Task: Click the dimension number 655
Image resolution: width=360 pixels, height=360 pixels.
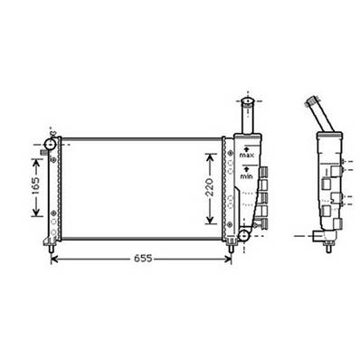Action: [138, 259]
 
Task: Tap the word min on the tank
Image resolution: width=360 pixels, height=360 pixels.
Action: [246, 177]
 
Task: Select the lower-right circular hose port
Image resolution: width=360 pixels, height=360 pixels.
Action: [242, 237]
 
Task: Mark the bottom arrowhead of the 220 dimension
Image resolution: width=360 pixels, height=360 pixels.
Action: [211, 223]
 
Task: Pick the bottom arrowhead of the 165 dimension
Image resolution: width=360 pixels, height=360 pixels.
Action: [37, 216]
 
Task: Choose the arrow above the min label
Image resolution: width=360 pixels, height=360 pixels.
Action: [246, 171]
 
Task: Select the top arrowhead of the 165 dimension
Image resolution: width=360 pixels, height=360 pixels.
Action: [37, 158]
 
